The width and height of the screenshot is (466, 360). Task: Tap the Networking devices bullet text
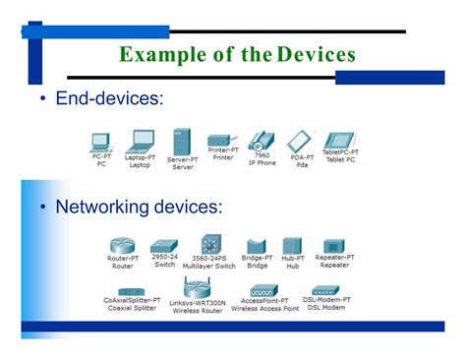(x=139, y=207)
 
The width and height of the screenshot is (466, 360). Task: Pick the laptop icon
(x=141, y=140)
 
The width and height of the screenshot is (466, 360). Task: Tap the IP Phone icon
(x=262, y=140)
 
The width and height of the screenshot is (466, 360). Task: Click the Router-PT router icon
(x=123, y=245)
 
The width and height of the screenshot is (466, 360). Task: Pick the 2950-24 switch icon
(x=164, y=248)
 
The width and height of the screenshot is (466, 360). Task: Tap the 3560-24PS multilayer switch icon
(x=209, y=244)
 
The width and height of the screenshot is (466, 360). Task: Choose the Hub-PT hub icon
(x=293, y=246)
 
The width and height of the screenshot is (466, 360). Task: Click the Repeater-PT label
(x=334, y=258)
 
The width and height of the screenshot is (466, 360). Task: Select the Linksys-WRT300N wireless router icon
(x=198, y=290)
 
